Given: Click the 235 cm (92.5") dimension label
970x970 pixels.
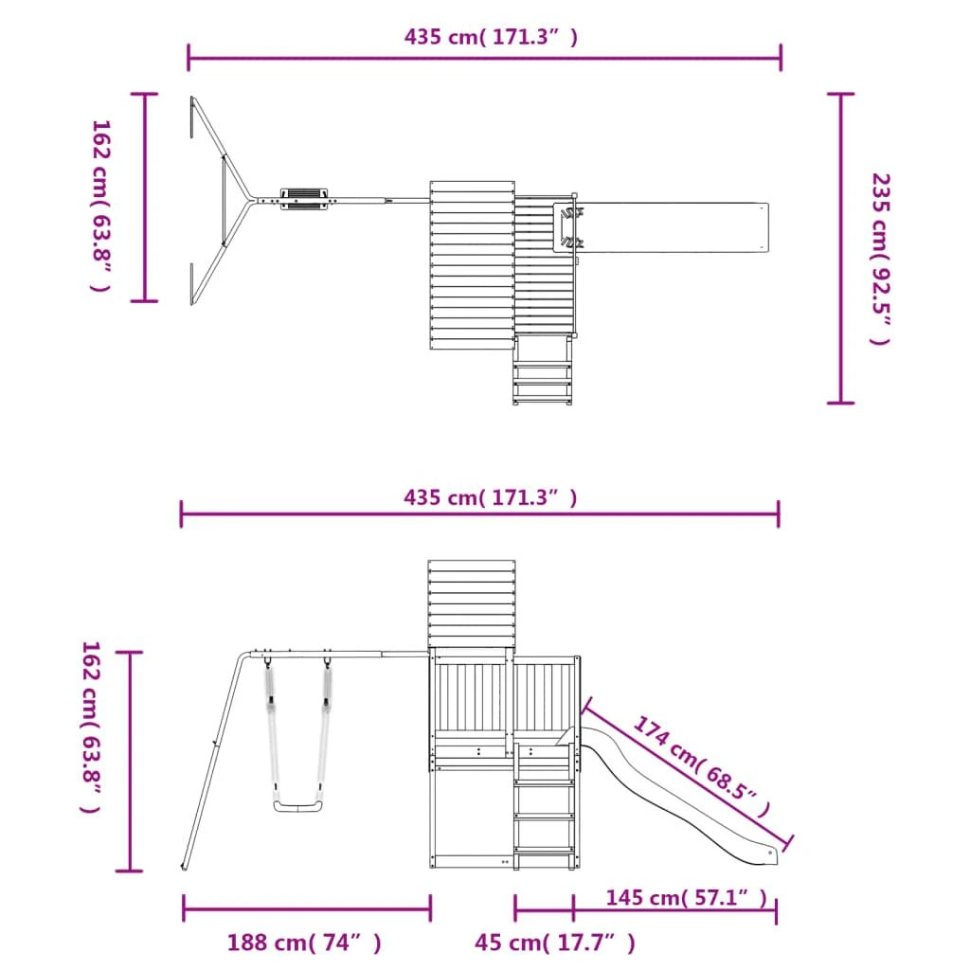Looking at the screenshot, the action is tap(880, 259).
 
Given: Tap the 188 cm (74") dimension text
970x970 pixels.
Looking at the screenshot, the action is tap(304, 943).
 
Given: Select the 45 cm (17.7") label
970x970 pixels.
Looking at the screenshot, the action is tap(555, 943).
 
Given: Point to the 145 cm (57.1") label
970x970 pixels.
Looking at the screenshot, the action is tap(686, 897).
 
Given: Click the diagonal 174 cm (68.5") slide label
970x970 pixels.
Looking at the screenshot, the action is tap(702, 765).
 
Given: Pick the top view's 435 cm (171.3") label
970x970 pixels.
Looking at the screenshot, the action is tap(492, 37).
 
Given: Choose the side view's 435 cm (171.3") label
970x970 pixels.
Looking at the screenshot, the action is tap(491, 497).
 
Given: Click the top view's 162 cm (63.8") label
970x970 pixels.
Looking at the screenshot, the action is tap(100, 206).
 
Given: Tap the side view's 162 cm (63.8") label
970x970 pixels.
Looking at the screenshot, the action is tap(91, 727).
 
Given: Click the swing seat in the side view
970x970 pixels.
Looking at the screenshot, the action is tap(298, 806).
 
